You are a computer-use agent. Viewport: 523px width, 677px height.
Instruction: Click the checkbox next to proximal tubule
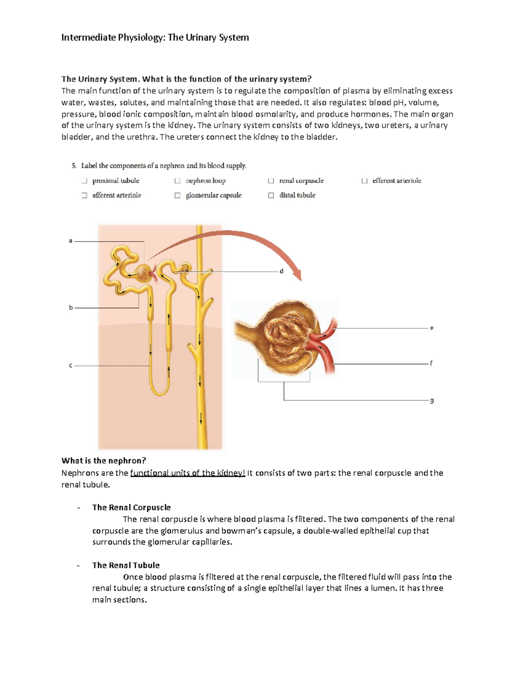(x=84, y=180)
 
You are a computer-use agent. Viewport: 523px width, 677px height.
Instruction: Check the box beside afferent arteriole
(x=84, y=195)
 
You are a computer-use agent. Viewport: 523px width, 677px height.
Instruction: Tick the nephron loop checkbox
(x=177, y=180)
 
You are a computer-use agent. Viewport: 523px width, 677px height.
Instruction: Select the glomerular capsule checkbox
(x=177, y=195)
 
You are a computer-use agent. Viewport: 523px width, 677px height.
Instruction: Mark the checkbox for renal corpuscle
(x=271, y=180)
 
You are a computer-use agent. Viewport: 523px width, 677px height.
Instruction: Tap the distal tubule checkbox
(x=271, y=195)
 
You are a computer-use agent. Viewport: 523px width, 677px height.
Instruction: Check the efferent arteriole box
(x=364, y=180)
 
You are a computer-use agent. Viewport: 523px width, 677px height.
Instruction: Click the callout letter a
(x=71, y=241)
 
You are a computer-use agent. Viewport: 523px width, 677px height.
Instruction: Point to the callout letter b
(x=71, y=307)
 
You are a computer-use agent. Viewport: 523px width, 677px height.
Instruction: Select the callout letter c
(x=71, y=365)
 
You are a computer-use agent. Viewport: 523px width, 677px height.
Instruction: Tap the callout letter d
(x=281, y=271)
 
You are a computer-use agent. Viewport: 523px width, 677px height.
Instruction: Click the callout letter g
(x=431, y=400)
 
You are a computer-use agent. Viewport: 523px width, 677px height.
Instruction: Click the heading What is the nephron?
(x=104, y=461)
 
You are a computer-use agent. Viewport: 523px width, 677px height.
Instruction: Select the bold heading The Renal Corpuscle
(x=131, y=507)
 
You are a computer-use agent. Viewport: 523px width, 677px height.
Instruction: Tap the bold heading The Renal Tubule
(x=126, y=565)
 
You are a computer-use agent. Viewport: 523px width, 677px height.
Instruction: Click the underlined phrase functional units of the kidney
(x=187, y=473)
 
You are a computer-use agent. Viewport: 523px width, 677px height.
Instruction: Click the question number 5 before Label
(x=74, y=166)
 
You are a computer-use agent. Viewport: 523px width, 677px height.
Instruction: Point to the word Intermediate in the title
(x=88, y=37)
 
